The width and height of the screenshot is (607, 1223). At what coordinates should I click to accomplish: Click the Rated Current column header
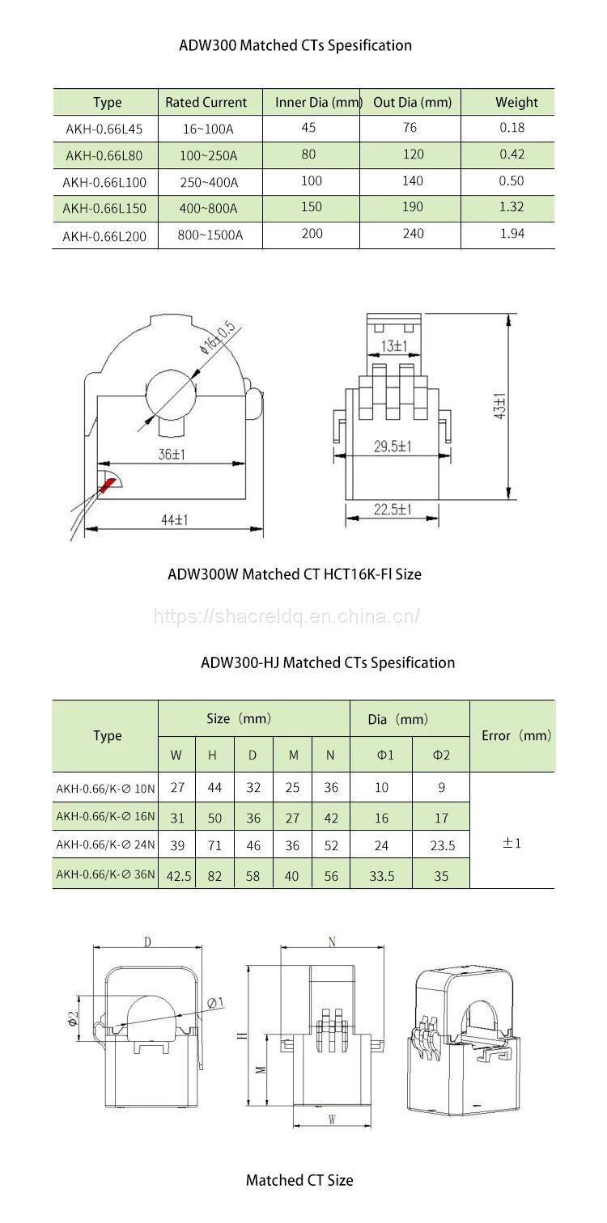tap(206, 102)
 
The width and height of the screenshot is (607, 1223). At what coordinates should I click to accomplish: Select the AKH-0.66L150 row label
tap(104, 208)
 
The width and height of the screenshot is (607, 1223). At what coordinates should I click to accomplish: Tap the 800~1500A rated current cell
tap(210, 235)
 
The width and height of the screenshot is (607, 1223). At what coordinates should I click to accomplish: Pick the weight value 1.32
tap(511, 206)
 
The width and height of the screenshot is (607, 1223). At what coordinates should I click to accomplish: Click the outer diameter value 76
tap(412, 126)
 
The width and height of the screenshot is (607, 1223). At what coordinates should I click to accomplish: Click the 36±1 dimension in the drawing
tap(171, 455)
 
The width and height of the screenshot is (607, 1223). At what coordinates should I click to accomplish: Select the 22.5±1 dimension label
tap(393, 509)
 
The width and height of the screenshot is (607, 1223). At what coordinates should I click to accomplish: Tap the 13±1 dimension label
tap(394, 346)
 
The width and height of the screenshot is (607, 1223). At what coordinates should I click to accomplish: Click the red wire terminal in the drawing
tap(107, 485)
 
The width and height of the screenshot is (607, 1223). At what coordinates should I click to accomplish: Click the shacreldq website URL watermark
tap(287, 616)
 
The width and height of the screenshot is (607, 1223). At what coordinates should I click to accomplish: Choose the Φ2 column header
tap(440, 755)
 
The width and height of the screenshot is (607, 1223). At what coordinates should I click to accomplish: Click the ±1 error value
tap(511, 843)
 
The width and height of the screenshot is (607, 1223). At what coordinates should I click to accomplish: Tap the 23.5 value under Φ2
tap(441, 845)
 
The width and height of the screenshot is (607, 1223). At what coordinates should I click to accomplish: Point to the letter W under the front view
tap(331, 1120)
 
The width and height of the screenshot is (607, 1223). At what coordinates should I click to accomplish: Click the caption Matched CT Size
tap(299, 1180)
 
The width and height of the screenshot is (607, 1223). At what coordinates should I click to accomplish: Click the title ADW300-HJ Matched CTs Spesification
tap(328, 662)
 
